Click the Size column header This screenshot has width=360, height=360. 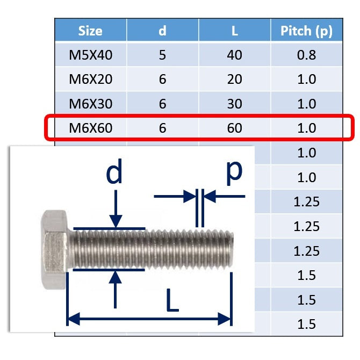coord(90,31)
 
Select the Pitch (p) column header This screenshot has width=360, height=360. coord(306,31)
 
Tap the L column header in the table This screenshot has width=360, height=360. coord(234,31)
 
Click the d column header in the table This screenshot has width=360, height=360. coord(162,31)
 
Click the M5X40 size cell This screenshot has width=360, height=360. coord(90,55)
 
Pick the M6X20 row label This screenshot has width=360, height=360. coord(90,80)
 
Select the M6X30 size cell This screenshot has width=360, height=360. coord(90,104)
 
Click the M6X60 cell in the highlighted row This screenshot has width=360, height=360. coord(90,128)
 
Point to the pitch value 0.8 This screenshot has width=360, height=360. coord(306,55)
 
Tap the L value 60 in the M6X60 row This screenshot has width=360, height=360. coord(234,128)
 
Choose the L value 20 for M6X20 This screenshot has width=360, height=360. coord(234,80)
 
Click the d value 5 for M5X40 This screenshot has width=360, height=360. coord(162,55)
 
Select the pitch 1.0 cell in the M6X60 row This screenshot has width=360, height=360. coord(306,128)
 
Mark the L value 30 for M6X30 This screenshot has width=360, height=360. coord(234,104)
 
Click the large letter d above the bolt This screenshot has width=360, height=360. coord(115,173)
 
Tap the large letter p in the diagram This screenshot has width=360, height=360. coord(233,171)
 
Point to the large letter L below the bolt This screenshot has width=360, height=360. coord(171,302)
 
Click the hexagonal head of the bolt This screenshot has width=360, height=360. coord(54,248)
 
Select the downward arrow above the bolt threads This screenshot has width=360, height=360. coord(115,213)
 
